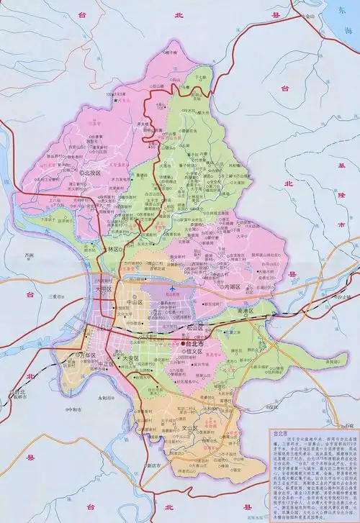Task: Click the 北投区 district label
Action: [x=94, y=173]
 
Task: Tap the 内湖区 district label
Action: [x=233, y=286]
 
